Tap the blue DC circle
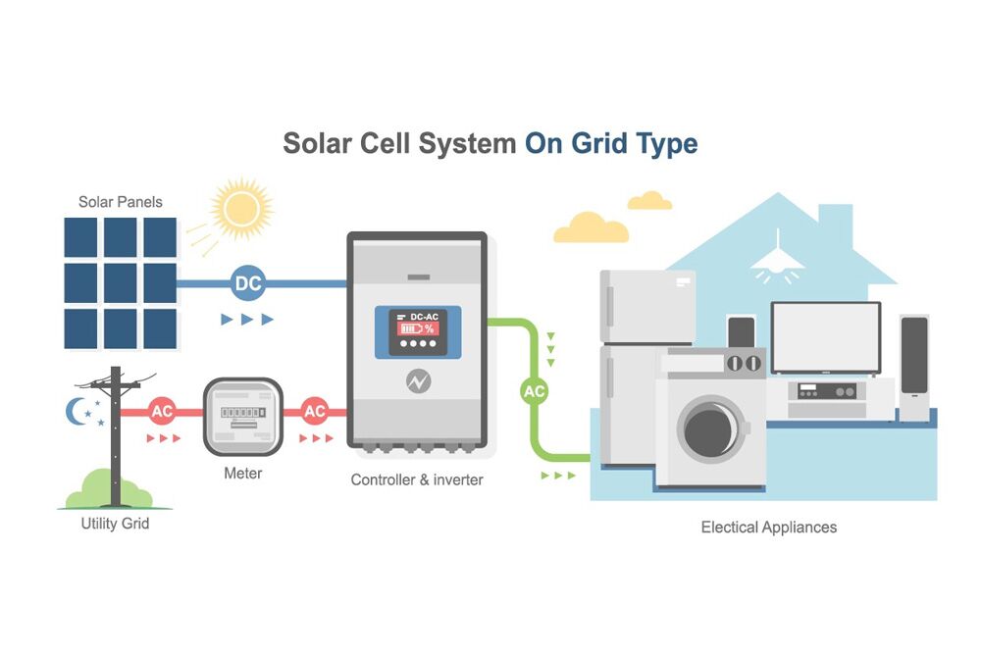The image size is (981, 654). coord(248,284)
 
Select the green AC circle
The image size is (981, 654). coord(534,391)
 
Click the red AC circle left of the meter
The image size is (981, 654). coord(161,412)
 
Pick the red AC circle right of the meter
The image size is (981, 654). coord(315,412)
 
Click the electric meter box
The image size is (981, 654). coord(242,416)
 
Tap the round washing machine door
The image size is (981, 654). coord(708,428)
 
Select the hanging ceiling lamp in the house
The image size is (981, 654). coord(778,256)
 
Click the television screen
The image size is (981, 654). coord(825,337)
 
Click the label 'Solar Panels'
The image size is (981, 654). coord(121,202)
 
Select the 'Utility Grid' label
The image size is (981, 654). coord(115,524)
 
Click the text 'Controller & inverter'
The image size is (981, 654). coord(417,479)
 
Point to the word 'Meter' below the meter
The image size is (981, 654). coord(242,474)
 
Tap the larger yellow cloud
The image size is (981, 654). coord(591,228)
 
